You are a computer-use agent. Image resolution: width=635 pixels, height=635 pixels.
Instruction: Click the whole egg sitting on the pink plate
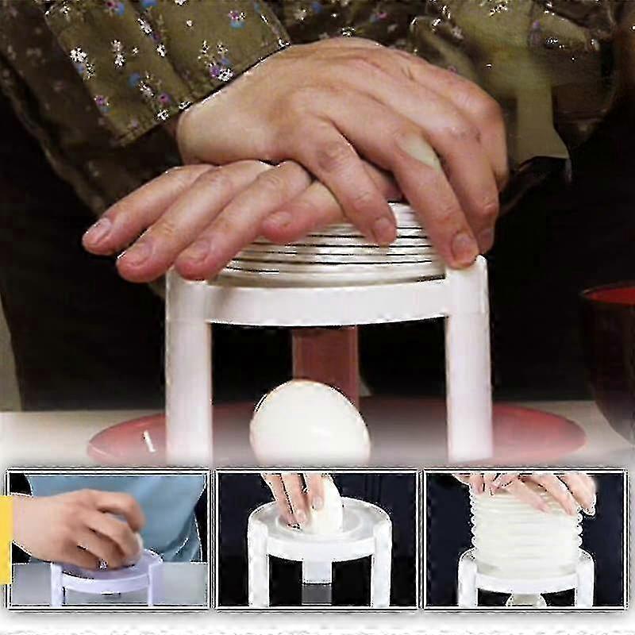pyautogui.click(x=310, y=422)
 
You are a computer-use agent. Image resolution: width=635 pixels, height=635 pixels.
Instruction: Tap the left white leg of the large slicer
pyautogui.click(x=189, y=373)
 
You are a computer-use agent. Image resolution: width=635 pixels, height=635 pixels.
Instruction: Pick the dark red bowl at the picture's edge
pyautogui.click(x=610, y=349)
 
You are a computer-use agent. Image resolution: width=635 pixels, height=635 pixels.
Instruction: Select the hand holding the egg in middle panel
pyautogui.click(x=290, y=496)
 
